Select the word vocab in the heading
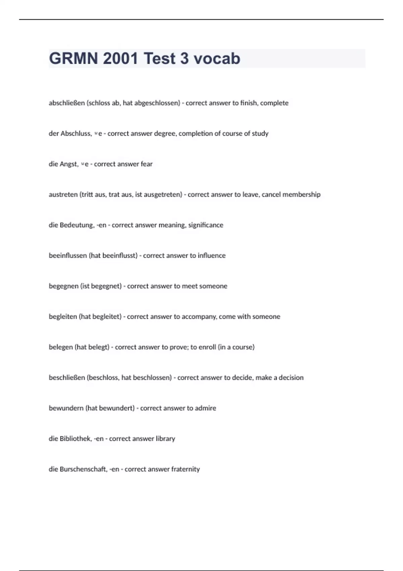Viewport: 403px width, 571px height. point(217,58)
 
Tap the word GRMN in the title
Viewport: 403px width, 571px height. point(74,58)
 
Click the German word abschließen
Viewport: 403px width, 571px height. point(66,103)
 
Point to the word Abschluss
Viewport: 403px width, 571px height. point(75,134)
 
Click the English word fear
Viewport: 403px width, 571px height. point(146,164)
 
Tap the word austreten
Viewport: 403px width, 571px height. point(63,195)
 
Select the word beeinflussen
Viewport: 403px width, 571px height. point(68,256)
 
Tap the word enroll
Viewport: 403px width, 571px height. point(207,347)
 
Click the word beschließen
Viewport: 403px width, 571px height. point(67,378)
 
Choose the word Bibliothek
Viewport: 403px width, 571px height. point(75,439)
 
